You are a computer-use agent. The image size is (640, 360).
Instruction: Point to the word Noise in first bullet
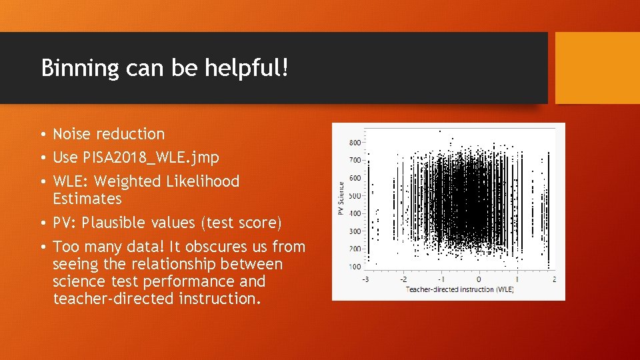[72, 134]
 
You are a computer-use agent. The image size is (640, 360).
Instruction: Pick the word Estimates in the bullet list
[87, 199]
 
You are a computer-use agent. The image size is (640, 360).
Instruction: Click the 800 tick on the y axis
[355, 143]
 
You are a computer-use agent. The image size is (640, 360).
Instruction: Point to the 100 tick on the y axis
[355, 267]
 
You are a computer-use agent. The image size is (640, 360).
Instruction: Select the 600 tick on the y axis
[355, 178]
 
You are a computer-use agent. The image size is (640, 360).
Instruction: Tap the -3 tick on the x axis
[364, 279]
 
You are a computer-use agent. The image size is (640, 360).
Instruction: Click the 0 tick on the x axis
[479, 279]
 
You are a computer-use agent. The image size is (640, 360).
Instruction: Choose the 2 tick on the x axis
[554, 279]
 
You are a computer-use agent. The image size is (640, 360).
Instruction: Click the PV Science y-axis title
[341, 199]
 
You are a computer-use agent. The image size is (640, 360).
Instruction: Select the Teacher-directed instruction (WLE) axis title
[459, 289]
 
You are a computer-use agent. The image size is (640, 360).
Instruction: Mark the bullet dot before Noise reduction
[43, 135]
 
